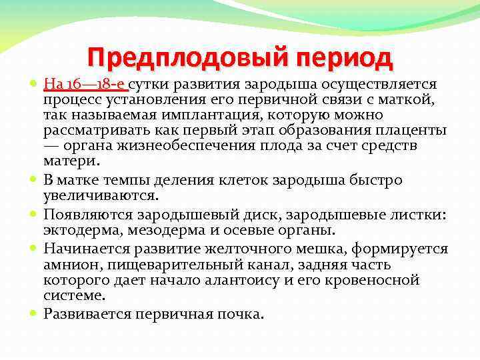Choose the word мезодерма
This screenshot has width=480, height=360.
[x=163, y=229]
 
